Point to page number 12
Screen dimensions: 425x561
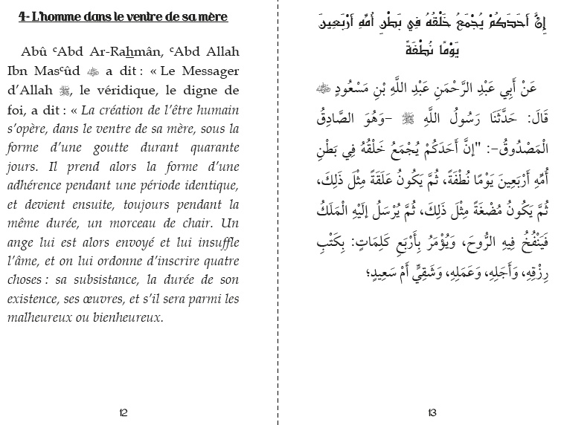124,412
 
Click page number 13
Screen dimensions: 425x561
432,412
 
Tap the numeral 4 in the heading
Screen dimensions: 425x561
22,17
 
